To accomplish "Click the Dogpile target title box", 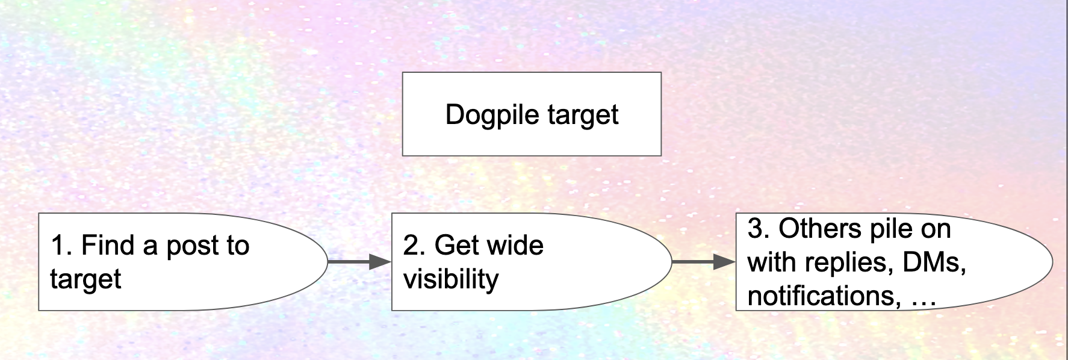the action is point(532,114).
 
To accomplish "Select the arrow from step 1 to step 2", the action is point(359,262).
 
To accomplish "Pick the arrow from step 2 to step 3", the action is point(703,262).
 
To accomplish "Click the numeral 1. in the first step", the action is point(61,246).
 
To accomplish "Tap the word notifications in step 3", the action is point(824,296).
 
